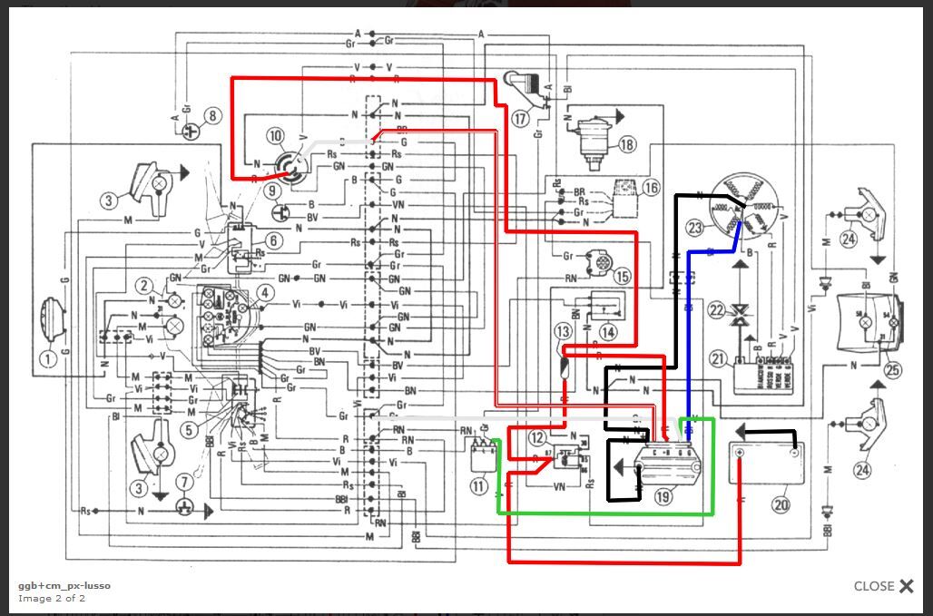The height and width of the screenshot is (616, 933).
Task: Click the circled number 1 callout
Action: pyautogui.click(x=48, y=358)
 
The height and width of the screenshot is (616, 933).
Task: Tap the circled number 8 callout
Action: pyautogui.click(x=211, y=116)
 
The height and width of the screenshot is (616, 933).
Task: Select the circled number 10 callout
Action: pyautogui.click(x=276, y=136)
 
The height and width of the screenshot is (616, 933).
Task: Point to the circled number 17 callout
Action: pyautogui.click(x=520, y=119)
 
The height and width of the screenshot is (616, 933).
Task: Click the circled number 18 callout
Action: pyautogui.click(x=627, y=145)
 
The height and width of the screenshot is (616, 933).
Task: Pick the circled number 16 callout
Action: pyautogui.click(x=650, y=188)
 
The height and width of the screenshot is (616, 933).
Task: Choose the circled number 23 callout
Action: pyautogui.click(x=695, y=228)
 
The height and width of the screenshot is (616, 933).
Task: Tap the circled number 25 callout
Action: pyautogui.click(x=893, y=369)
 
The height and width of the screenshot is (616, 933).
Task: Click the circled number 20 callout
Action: pyautogui.click(x=780, y=504)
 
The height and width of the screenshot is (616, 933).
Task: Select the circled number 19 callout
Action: pyautogui.click(x=663, y=496)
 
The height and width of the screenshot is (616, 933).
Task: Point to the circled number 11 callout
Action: pyautogui.click(x=479, y=486)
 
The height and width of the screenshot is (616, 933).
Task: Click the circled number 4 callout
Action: pyautogui.click(x=264, y=293)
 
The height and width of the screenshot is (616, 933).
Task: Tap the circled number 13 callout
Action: pyautogui.click(x=565, y=332)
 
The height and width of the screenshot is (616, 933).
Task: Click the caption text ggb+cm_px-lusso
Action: pyautogui.click(x=64, y=585)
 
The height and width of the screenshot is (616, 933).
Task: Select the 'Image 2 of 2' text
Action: pyautogui.click(x=52, y=598)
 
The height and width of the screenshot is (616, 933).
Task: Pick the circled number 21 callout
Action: pyautogui.click(x=719, y=359)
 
